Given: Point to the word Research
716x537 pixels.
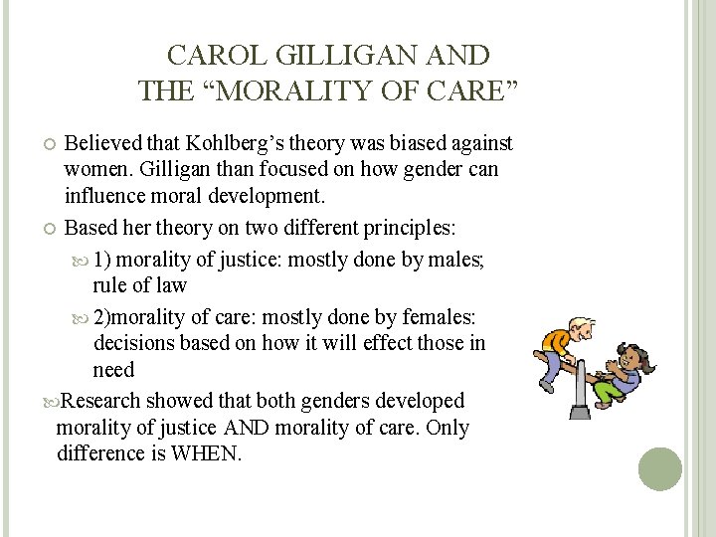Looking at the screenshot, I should coord(102,401).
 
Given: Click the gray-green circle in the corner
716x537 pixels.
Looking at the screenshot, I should coord(660,468).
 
